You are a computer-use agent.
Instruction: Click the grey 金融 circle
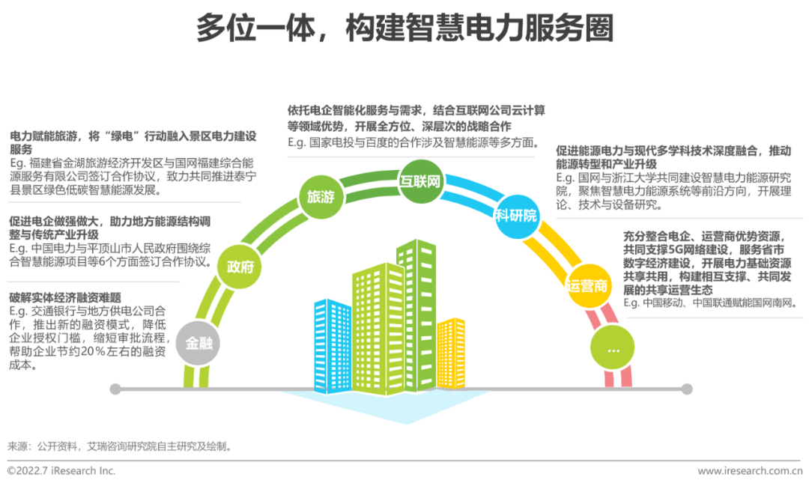199,344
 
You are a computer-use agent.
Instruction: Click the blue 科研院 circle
516,216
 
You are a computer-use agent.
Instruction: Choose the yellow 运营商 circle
588,285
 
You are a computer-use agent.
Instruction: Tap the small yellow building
451,352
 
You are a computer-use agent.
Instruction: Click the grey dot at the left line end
115,389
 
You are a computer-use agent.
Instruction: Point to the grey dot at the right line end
687,389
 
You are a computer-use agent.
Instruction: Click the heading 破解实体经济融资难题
65,297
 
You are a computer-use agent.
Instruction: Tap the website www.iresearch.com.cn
750,471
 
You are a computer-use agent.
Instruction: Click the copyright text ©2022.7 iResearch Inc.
61,471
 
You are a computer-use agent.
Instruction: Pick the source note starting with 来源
120,446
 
